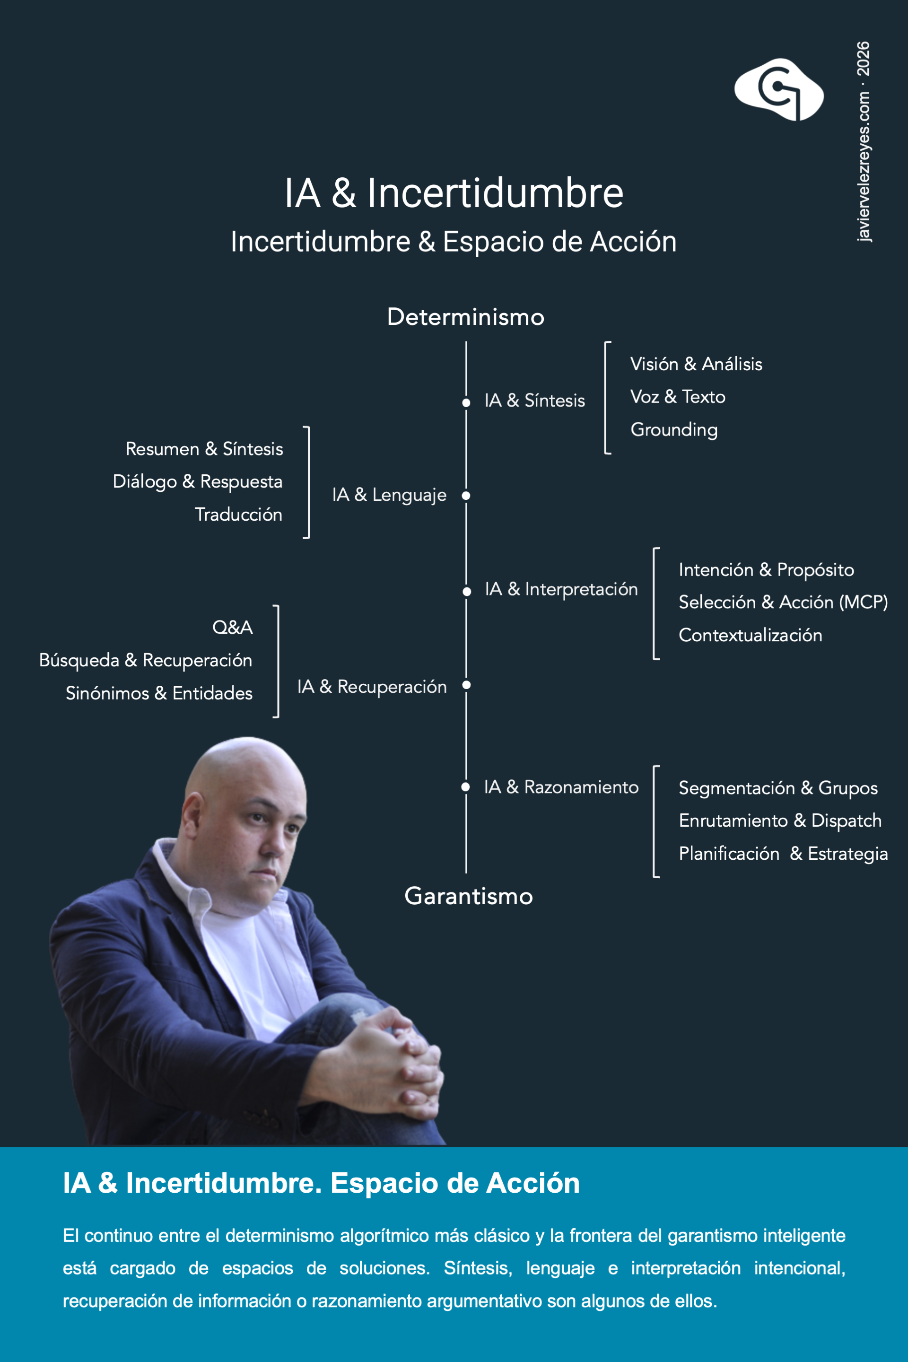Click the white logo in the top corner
point(779,90)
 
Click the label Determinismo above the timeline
point(465,317)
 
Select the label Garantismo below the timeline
point(469,897)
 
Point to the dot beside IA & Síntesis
point(466,402)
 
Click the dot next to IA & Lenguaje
point(466,496)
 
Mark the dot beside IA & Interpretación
point(467,591)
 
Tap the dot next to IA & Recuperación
point(466,685)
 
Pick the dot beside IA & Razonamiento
point(465,787)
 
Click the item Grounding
point(674,430)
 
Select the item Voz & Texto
point(678,397)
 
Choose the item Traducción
point(238,515)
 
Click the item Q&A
point(233,628)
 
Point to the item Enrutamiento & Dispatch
point(780,821)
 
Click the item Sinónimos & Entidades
point(159,694)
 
